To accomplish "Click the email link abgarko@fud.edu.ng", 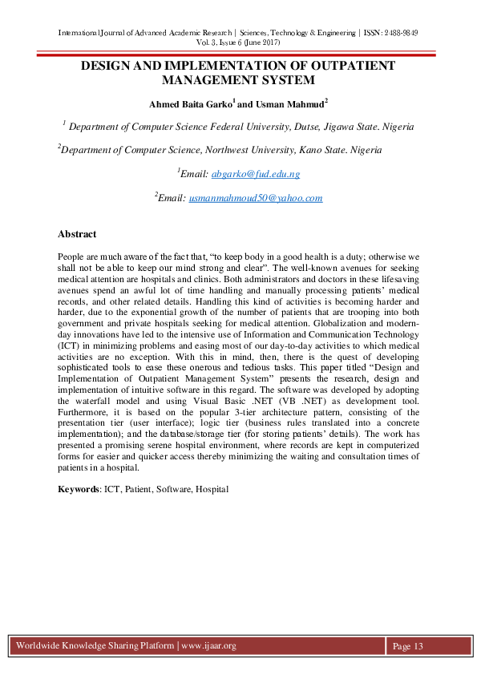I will (255, 174).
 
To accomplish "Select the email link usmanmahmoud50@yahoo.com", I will (255, 198).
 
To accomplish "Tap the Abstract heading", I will (77, 234).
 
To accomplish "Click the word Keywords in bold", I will (79, 488).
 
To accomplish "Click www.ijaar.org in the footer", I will (209, 646).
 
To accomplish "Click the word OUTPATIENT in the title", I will (332, 65).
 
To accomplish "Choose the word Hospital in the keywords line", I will (212, 488).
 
